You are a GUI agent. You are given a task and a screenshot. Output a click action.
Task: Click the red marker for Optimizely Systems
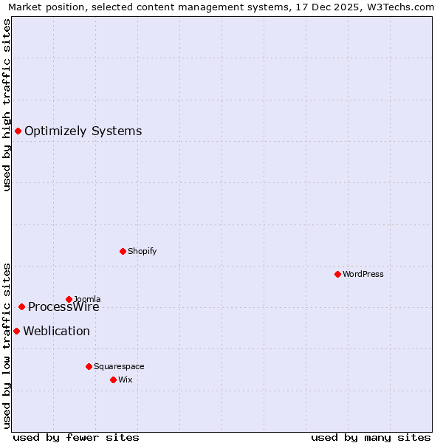click(x=18, y=131)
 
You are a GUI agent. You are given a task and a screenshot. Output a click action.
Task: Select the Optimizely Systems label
click(x=83, y=131)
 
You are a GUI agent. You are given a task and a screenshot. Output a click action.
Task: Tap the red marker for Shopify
click(x=123, y=251)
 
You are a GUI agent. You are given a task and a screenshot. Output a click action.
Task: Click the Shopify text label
click(x=142, y=251)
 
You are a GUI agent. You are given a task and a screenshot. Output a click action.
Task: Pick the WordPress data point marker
click(x=337, y=274)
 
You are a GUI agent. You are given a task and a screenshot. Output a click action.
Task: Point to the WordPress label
click(x=363, y=274)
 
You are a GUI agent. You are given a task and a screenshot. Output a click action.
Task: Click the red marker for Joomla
click(x=69, y=299)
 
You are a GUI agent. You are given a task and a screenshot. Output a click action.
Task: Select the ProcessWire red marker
click(x=21, y=306)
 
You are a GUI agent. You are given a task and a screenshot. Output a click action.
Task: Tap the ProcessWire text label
click(x=63, y=307)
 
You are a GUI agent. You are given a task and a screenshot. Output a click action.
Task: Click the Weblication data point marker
click(x=16, y=331)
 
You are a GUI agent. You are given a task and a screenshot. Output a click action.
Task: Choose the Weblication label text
click(x=56, y=331)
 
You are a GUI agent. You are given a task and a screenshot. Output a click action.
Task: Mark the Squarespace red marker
click(x=89, y=366)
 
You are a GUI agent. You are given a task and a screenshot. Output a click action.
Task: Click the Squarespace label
click(x=119, y=366)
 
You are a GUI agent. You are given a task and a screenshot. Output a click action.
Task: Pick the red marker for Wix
click(x=113, y=380)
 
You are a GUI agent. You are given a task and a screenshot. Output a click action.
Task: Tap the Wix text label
click(x=126, y=380)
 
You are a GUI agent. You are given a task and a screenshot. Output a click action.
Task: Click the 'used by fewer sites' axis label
click(x=76, y=437)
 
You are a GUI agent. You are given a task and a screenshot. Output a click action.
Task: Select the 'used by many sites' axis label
click(x=371, y=437)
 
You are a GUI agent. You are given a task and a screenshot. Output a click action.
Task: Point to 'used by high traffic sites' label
click(x=7, y=105)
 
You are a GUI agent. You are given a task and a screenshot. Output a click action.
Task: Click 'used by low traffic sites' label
click(x=7, y=346)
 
